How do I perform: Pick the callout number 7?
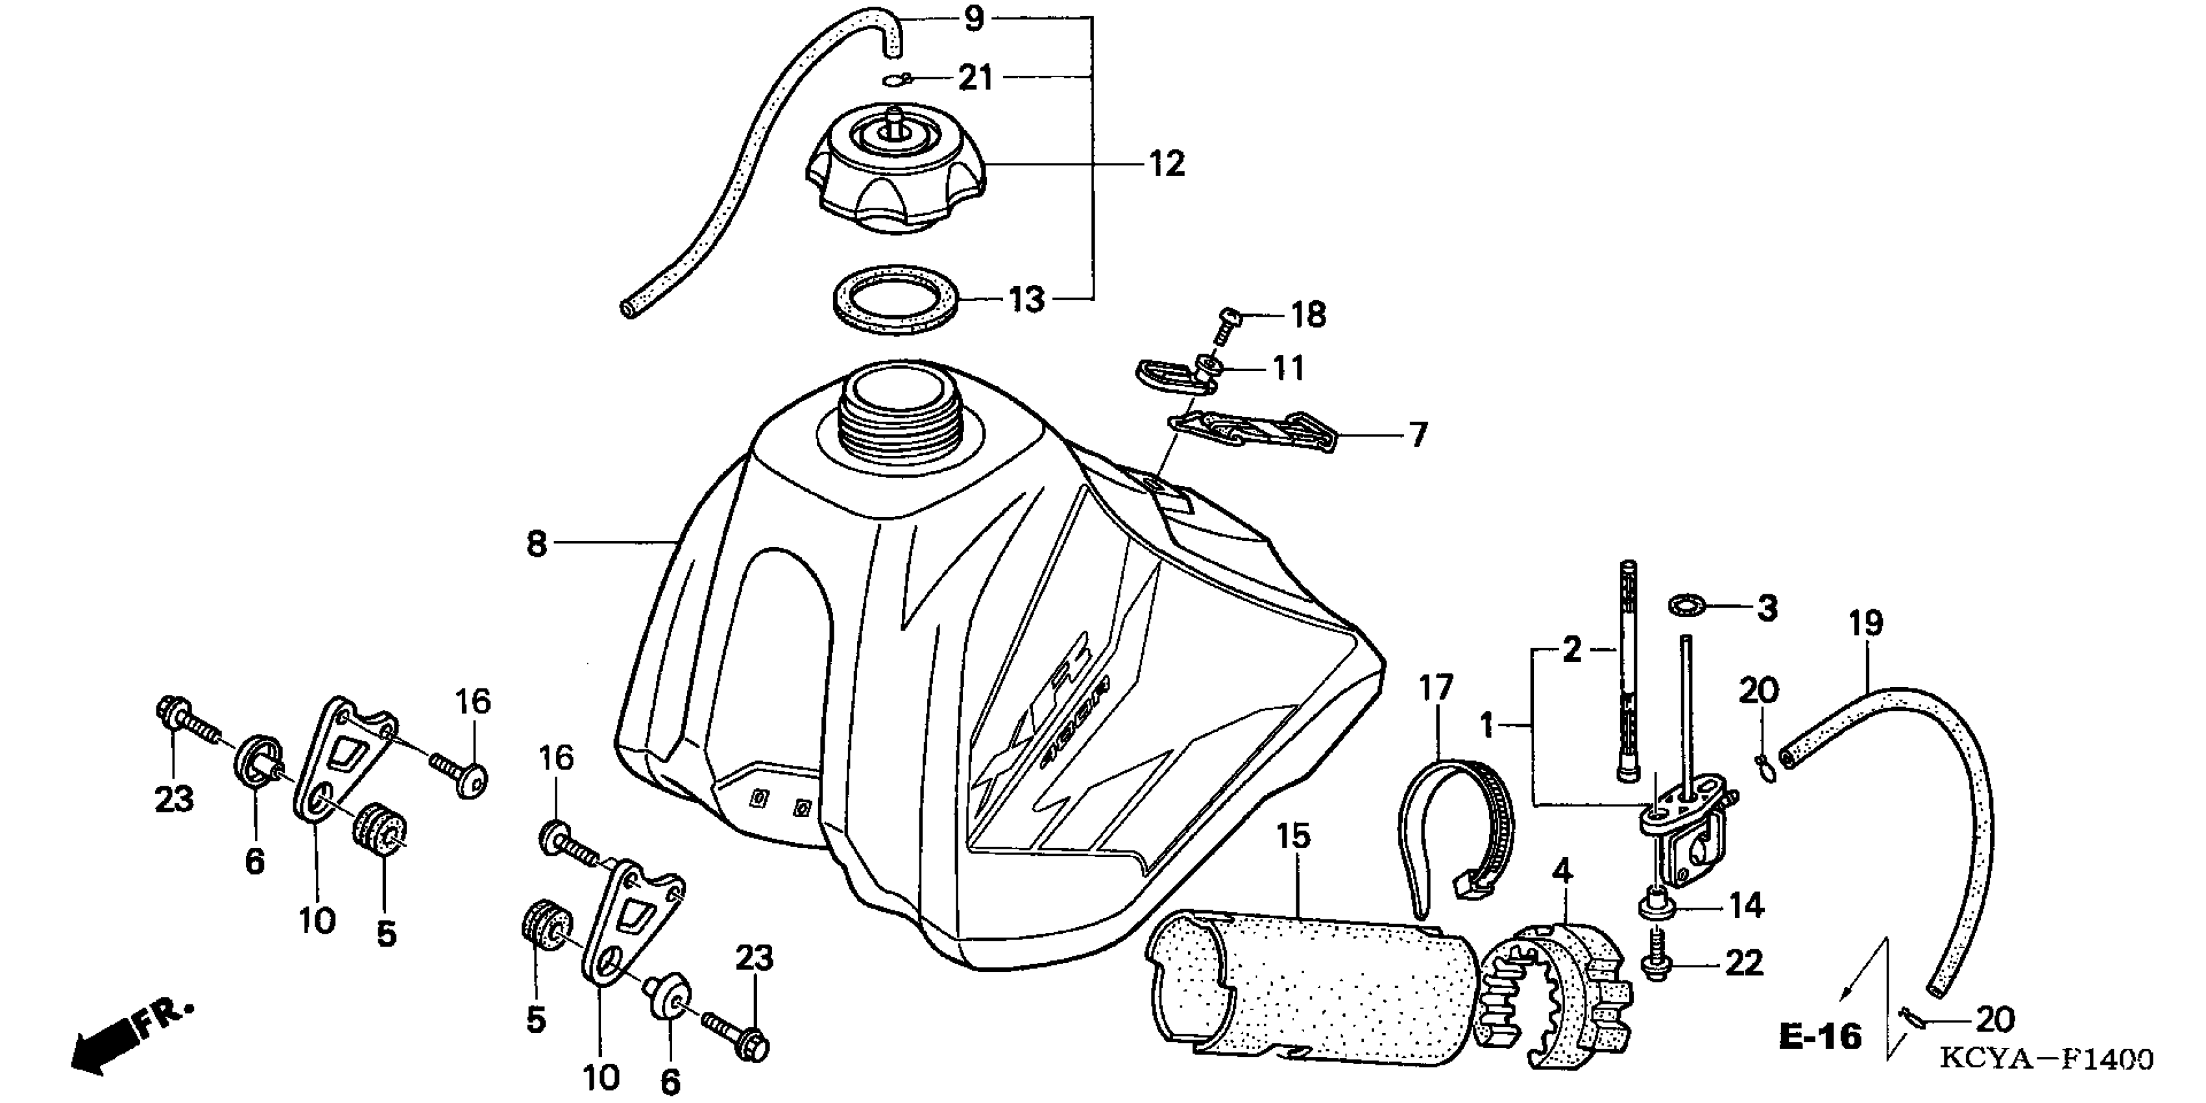coord(1418,435)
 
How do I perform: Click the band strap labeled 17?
coord(1456,814)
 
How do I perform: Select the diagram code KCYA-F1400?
coord(2045,1060)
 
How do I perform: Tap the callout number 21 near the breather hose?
coord(975,78)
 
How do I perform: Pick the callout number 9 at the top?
coord(975,19)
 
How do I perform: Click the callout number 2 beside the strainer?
coord(1571,651)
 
